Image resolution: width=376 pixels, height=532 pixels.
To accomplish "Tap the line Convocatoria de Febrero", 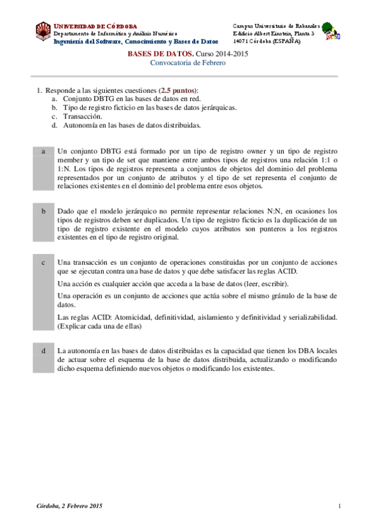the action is [x=188, y=63].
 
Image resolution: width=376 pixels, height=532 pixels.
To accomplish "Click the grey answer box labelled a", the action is [x=43, y=169].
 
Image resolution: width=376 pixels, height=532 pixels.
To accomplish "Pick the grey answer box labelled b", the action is [x=43, y=224].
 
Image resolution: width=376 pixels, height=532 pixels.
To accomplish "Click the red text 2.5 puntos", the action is [x=178, y=90].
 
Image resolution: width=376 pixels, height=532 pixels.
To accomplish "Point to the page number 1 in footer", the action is [x=339, y=506].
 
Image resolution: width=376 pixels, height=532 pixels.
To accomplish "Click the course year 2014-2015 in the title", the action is [x=232, y=55].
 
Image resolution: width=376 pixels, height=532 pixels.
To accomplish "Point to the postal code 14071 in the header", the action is [x=242, y=41].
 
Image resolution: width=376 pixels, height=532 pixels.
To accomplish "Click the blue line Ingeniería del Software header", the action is [x=136, y=41].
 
